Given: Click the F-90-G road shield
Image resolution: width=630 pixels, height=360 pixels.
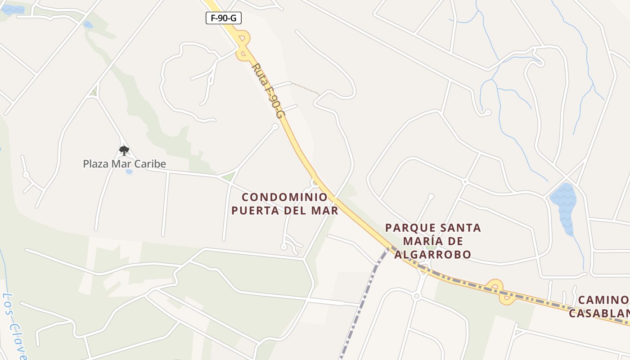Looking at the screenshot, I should click(x=224, y=18).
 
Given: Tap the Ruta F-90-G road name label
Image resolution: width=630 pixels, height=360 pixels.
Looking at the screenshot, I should click(x=269, y=90).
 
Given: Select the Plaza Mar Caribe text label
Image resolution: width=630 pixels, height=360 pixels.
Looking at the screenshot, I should click(x=124, y=164).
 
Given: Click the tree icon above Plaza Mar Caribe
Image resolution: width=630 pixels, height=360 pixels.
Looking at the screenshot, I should click(x=124, y=150).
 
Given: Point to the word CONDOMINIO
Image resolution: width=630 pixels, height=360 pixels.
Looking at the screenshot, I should click(x=284, y=197).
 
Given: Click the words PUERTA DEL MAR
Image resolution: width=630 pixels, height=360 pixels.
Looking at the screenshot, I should click(x=284, y=211).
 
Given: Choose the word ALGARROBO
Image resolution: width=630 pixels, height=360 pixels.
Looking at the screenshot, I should click(x=433, y=255).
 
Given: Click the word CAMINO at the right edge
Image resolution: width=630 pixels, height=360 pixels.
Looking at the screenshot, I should click(x=603, y=300).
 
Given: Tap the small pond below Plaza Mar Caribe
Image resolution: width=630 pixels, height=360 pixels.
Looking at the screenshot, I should click(x=129, y=172).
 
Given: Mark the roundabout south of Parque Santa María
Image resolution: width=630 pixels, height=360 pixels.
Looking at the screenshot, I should click(x=416, y=296).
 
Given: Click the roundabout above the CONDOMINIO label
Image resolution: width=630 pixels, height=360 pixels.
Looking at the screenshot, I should click(x=315, y=183).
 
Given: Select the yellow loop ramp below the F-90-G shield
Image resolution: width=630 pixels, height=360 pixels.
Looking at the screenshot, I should click(x=243, y=45).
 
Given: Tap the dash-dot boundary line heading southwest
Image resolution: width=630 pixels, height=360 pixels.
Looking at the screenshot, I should click(x=360, y=306).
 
